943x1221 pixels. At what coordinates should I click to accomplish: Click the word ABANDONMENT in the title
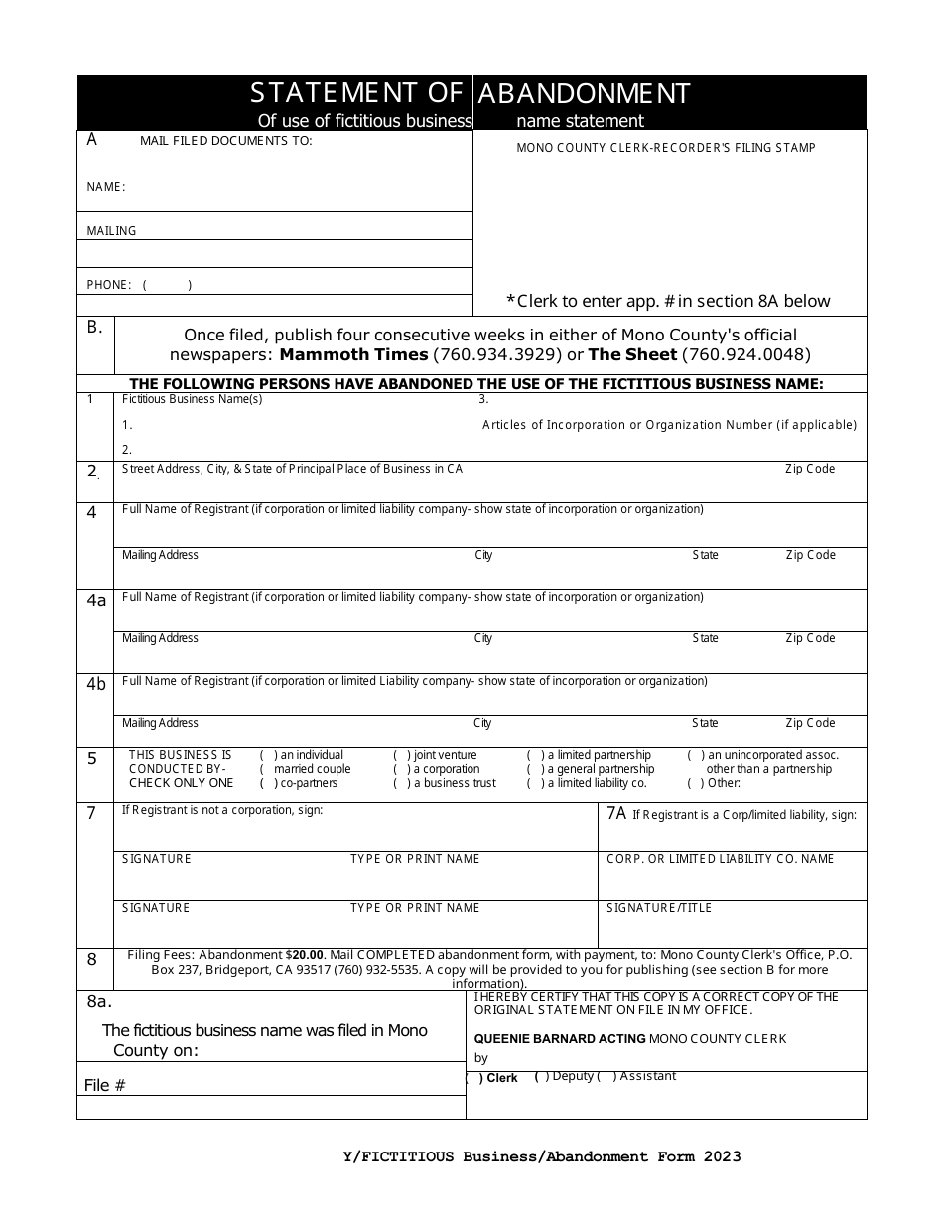[584, 93]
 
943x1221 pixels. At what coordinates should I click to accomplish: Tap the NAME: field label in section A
[105, 187]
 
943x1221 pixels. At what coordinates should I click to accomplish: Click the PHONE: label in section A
[108, 285]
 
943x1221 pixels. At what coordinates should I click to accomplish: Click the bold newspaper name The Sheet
[633, 354]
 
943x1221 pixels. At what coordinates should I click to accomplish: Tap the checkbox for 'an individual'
[266, 755]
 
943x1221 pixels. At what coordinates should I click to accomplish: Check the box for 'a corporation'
[399, 769]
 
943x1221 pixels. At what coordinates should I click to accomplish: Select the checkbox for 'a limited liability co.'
[533, 783]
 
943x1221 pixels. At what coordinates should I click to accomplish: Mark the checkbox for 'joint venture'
[399, 755]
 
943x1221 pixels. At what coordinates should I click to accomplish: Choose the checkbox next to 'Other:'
[694, 783]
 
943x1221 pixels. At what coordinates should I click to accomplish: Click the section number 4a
[95, 601]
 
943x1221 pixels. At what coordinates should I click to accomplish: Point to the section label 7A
[616, 814]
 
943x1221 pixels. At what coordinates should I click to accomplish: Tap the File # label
[104, 1085]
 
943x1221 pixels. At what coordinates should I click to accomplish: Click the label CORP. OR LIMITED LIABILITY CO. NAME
[720, 859]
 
